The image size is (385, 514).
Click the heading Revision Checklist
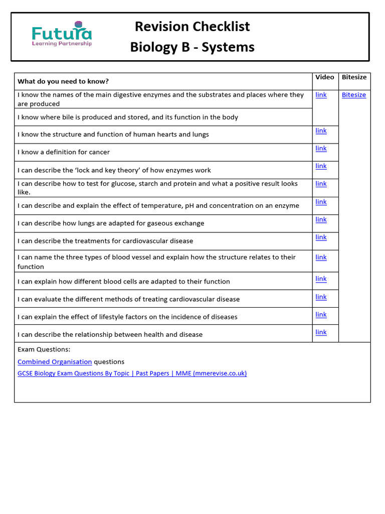[192, 26]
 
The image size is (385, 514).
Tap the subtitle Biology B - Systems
[192, 47]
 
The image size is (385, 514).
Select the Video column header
[325, 77]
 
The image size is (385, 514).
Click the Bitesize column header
[354, 77]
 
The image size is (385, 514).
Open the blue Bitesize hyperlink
[354, 95]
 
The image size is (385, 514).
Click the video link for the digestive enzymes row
[321, 95]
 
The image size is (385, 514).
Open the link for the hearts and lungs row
[321, 131]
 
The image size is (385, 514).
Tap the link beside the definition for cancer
[321, 148]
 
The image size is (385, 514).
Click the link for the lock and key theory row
[321, 166]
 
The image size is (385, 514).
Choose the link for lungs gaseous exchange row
[321, 219]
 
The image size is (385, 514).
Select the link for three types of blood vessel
[321, 257]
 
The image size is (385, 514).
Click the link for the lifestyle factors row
[321, 314]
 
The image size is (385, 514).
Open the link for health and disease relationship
[321, 332]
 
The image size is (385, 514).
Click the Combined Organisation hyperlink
[55, 361]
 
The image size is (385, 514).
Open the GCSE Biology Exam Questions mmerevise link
[132, 373]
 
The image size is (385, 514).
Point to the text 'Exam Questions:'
[44, 349]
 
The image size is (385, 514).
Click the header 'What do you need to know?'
[63, 81]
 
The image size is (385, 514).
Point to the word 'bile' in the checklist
[88, 117]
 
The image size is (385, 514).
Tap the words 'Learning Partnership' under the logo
[62, 44]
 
